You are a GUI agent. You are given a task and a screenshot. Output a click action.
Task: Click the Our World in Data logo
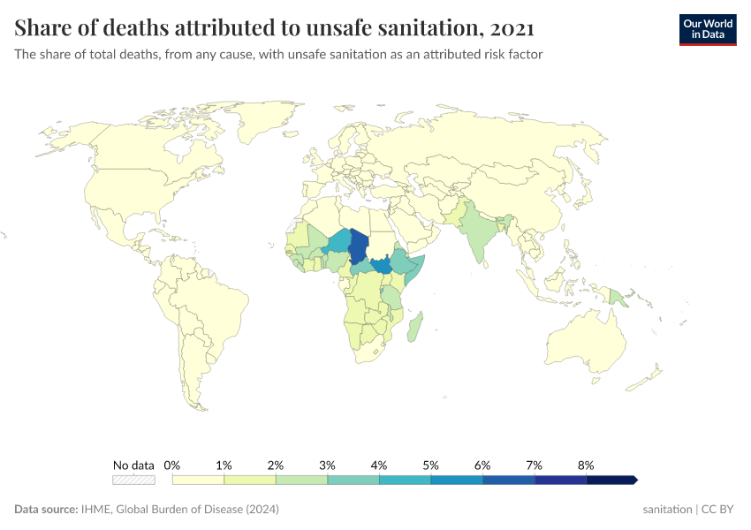click(x=707, y=29)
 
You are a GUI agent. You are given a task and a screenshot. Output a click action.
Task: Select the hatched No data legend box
click(x=133, y=480)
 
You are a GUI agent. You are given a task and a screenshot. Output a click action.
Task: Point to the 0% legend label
click(x=172, y=465)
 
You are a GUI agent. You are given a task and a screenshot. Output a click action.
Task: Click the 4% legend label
click(x=379, y=465)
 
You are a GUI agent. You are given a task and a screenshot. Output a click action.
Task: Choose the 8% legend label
click(x=586, y=465)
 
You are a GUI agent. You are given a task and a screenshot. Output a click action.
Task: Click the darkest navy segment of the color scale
click(x=611, y=480)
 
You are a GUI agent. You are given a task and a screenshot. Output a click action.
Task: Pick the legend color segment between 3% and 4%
click(x=353, y=480)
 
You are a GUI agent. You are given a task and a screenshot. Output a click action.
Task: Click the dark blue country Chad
click(x=360, y=246)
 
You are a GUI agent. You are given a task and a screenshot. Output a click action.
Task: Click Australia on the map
click(x=583, y=344)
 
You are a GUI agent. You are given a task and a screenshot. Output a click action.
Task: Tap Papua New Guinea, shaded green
click(x=618, y=299)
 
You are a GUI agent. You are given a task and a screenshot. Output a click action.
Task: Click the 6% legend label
click(x=482, y=465)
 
